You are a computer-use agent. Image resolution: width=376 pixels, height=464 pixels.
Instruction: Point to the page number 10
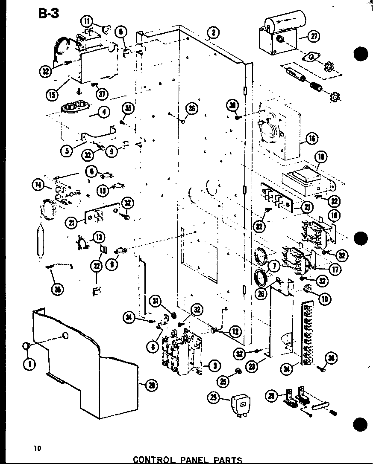click(38, 448)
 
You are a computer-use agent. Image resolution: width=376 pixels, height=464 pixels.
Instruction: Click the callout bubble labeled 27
click(314, 37)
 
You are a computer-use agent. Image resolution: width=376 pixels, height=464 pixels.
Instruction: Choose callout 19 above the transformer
click(321, 158)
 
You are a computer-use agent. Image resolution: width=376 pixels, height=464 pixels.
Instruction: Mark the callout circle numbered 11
click(88, 21)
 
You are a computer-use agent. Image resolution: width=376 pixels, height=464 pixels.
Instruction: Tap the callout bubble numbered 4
click(103, 112)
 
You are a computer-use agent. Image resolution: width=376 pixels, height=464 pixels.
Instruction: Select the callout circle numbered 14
click(38, 185)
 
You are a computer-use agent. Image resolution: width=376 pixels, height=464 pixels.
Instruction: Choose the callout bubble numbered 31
click(156, 302)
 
